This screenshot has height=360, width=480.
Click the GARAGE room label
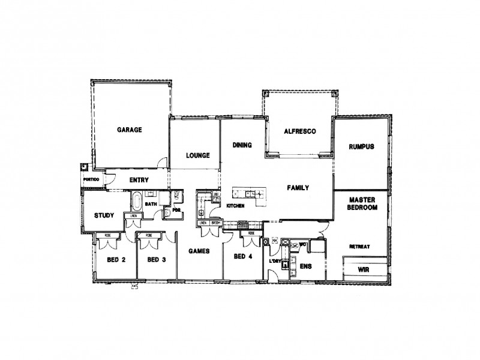click(x=129, y=129)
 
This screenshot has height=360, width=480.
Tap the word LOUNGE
click(x=197, y=155)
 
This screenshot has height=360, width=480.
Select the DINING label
click(x=241, y=145)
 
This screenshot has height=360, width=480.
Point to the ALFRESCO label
click(x=299, y=130)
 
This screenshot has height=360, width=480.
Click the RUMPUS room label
click(x=362, y=146)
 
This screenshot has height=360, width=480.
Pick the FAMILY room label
click(x=298, y=188)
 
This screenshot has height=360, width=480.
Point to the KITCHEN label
click(x=235, y=206)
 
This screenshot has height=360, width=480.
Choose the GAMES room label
click(x=198, y=251)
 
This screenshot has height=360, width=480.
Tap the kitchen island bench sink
click(x=252, y=193)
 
